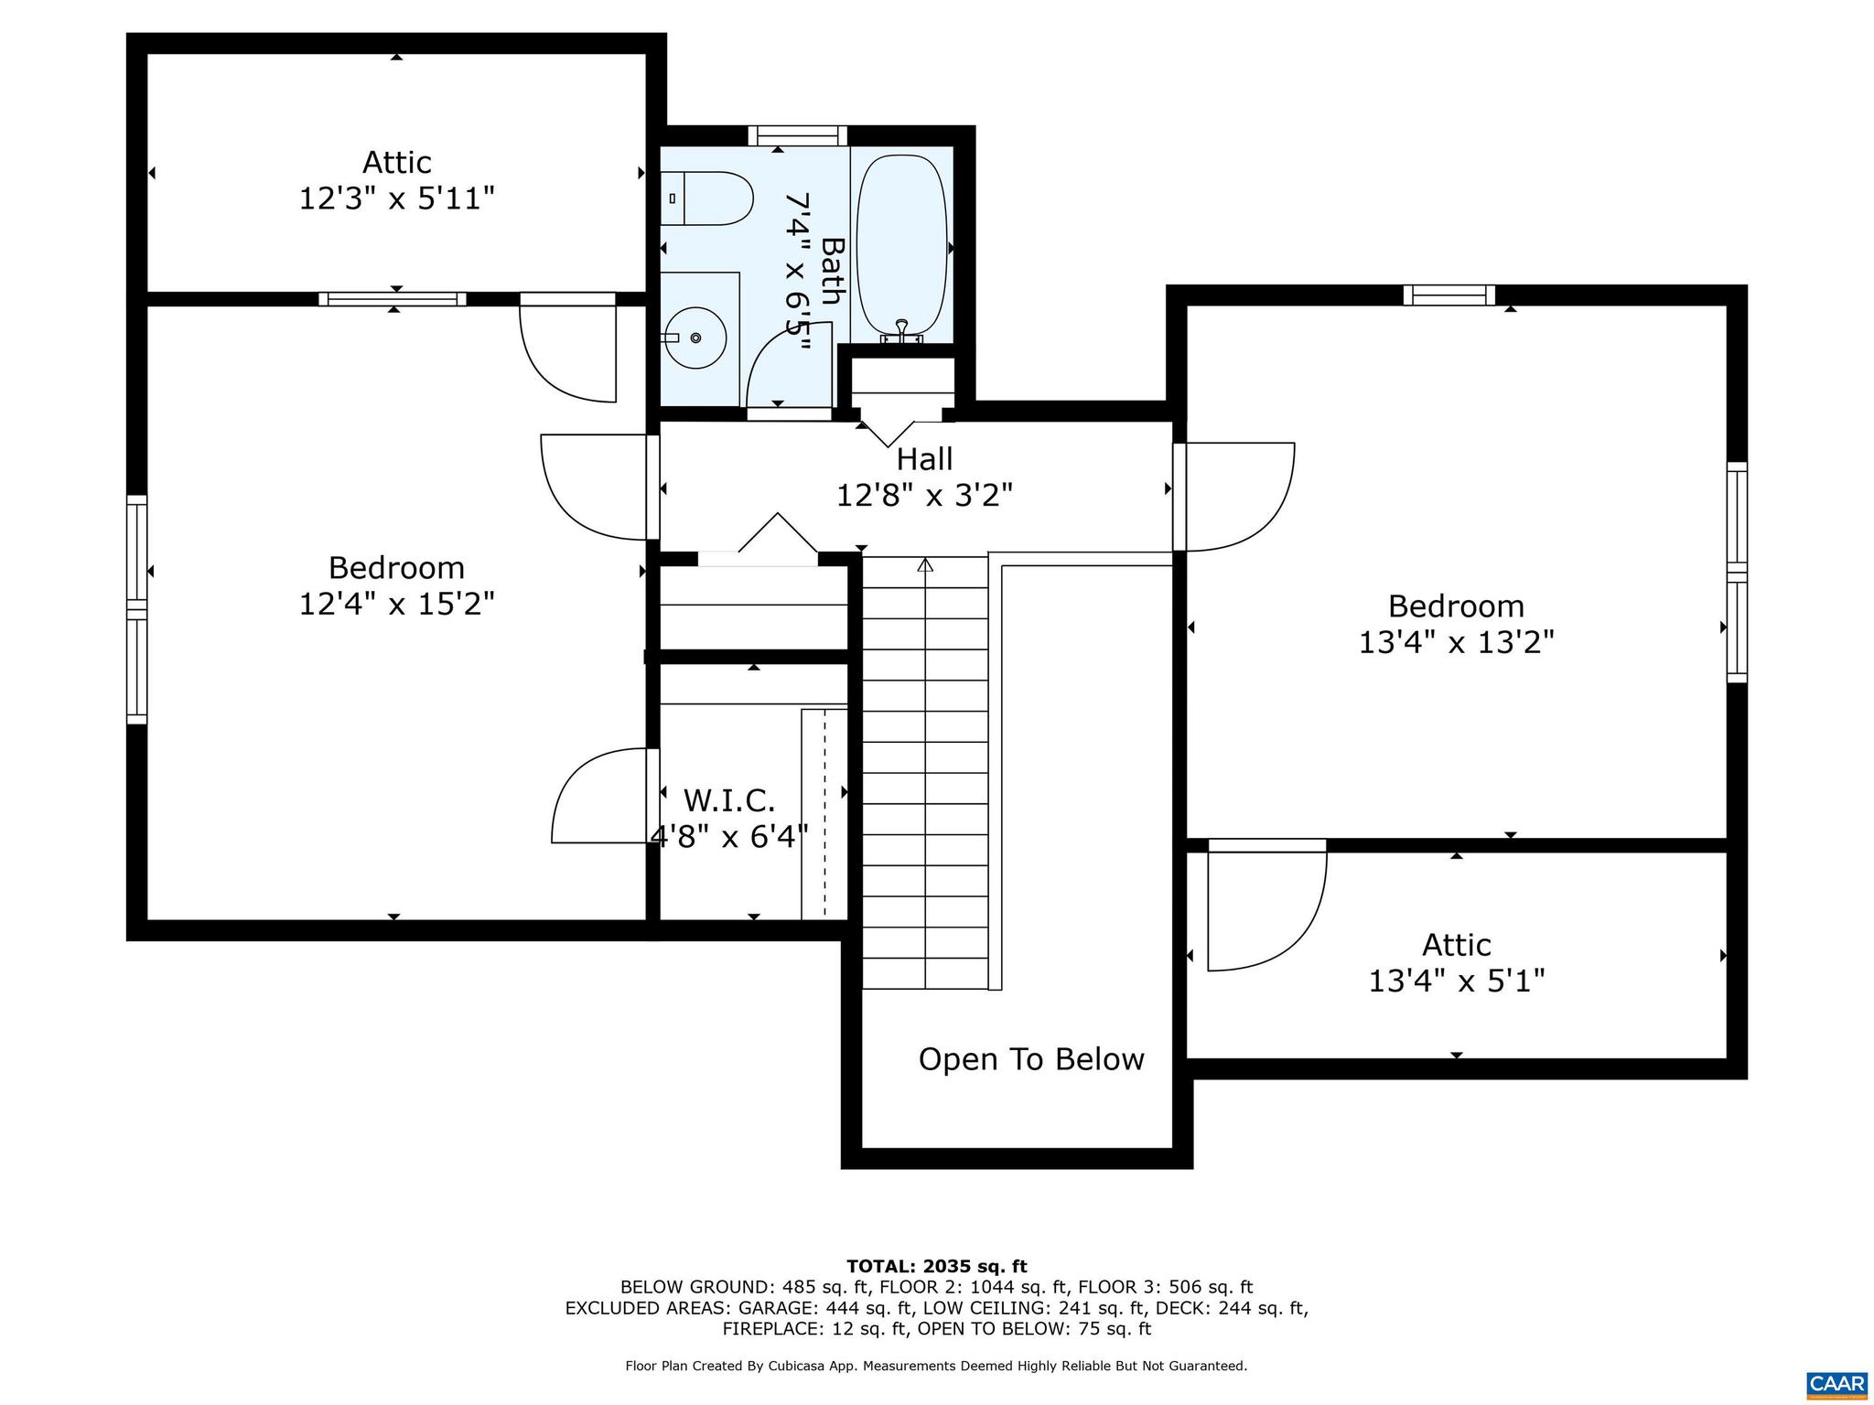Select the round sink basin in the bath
tap(695, 338)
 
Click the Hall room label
tap(924, 458)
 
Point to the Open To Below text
tap(1031, 1059)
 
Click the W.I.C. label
tap(729, 801)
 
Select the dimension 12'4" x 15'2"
tap(396, 604)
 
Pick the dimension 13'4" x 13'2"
tap(1456, 643)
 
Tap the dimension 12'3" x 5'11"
tap(396, 198)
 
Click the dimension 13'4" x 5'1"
tap(1456, 981)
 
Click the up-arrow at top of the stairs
tap(925, 565)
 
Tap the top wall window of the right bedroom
tap(1449, 295)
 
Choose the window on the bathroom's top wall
tap(797, 135)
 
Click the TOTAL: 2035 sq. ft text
tap(936, 1266)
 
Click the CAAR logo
tap(1836, 1383)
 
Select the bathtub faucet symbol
tap(902, 330)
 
